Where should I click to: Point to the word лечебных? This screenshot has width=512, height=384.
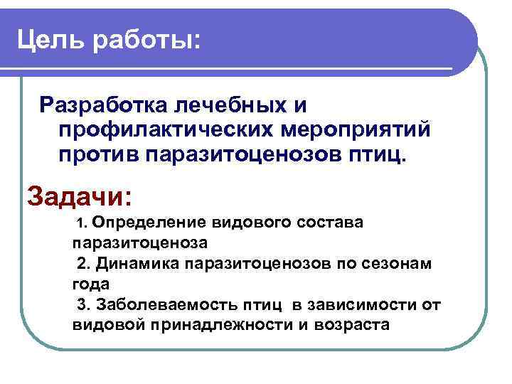click(221, 105)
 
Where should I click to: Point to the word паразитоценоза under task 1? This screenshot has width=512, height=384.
click(139, 242)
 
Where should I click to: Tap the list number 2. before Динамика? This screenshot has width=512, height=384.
click(84, 264)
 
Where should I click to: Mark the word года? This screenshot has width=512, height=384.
click(90, 284)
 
